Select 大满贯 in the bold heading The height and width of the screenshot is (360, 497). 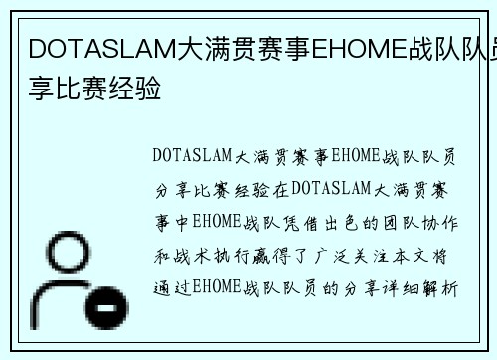tap(210, 48)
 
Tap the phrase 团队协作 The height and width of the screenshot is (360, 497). tap(421, 222)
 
